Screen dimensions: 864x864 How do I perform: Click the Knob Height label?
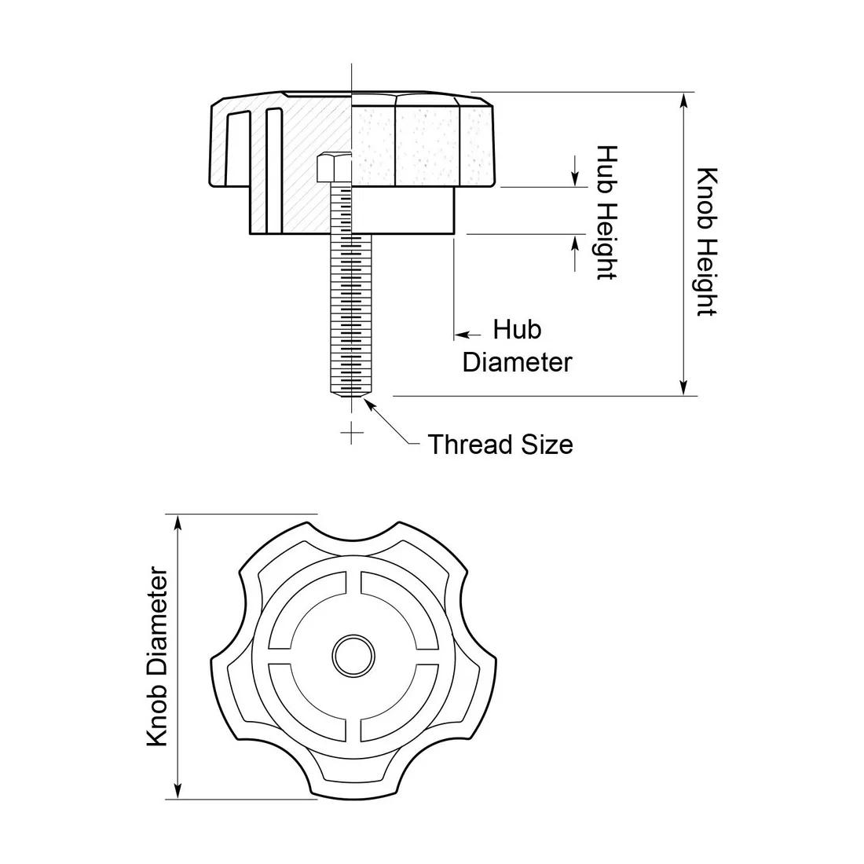707,242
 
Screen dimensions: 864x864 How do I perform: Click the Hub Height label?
606,212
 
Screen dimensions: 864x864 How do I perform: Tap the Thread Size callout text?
500,445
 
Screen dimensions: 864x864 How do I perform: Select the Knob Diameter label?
158,657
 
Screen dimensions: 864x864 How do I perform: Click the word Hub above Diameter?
517,329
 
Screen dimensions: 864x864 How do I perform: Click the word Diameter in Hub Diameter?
517,362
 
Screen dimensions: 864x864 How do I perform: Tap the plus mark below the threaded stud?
352,431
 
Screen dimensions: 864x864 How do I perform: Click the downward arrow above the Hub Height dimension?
576,180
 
